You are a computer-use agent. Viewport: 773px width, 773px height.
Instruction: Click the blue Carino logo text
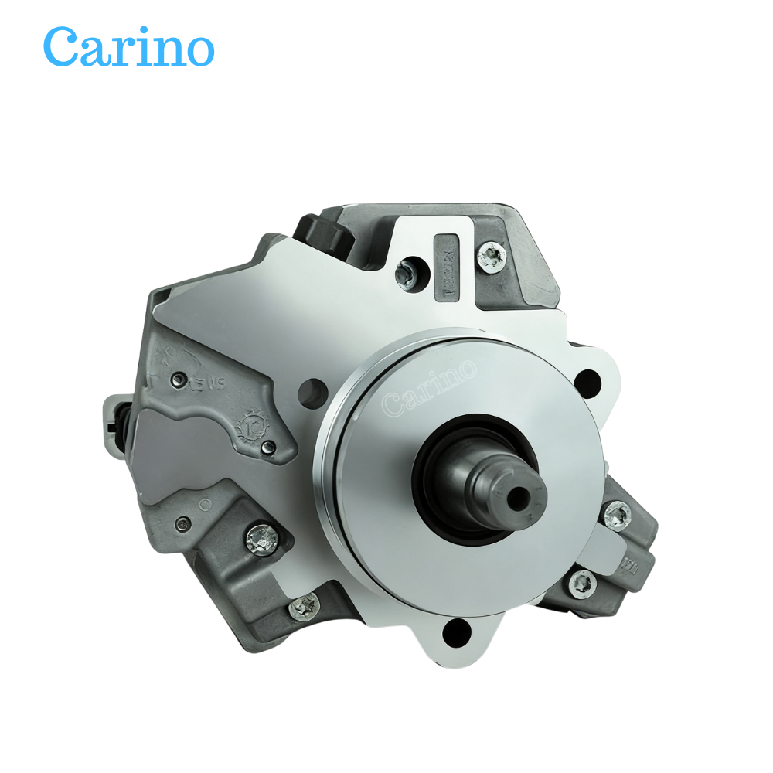click(128, 47)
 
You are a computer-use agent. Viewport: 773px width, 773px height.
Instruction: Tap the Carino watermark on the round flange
click(429, 387)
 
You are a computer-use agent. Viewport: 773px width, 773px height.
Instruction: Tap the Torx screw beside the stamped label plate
click(491, 254)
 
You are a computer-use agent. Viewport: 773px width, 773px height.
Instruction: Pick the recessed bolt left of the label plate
click(406, 272)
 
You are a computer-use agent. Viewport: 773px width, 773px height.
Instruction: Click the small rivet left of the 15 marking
click(179, 378)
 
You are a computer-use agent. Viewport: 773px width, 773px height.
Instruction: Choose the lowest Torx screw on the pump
click(303, 607)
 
